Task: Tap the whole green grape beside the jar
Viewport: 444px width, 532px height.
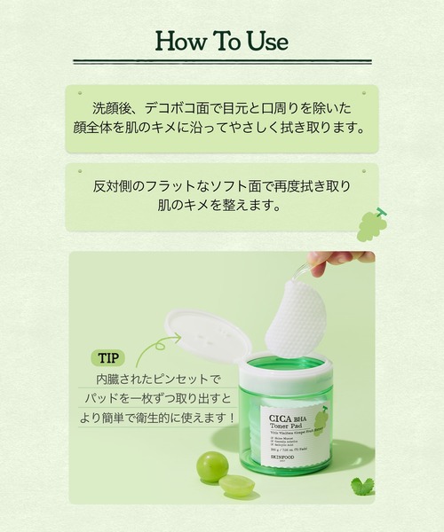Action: pyautogui.click(x=212, y=466)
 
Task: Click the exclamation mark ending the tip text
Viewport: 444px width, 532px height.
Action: pyautogui.click(x=232, y=415)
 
